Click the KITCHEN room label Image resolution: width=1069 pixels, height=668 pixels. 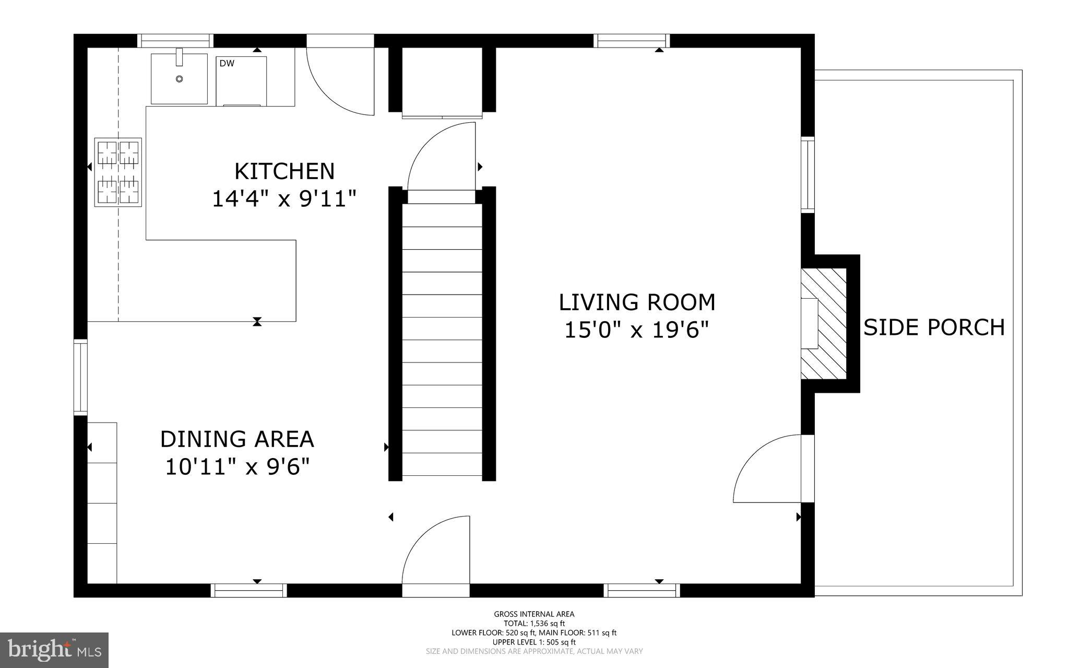click(284, 171)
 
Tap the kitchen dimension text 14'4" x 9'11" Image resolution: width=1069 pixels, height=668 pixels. click(284, 199)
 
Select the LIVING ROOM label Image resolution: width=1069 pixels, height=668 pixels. click(637, 302)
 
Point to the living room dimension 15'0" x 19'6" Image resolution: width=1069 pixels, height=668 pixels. click(637, 330)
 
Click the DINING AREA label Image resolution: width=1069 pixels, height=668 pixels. click(237, 439)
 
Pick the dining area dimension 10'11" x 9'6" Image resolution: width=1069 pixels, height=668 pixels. click(237, 466)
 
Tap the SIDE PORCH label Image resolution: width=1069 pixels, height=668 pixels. click(934, 327)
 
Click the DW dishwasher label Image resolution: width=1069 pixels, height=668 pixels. click(227, 64)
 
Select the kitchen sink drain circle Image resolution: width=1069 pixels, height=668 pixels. click(179, 79)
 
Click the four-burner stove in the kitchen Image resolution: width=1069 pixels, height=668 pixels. click(118, 172)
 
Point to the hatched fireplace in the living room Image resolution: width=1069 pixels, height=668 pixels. click(824, 324)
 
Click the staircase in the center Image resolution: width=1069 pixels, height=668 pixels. click(442, 339)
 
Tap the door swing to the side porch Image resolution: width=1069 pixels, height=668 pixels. click(767, 468)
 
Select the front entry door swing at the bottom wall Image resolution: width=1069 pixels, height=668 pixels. click(436, 549)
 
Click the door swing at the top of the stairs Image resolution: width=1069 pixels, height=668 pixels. click(442, 157)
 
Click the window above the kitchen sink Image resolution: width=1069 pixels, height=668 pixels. click(175, 41)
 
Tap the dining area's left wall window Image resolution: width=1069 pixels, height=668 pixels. click(80, 377)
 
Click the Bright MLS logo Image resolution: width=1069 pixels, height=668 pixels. click(54, 649)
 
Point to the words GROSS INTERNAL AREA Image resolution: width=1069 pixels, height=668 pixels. click(534, 614)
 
